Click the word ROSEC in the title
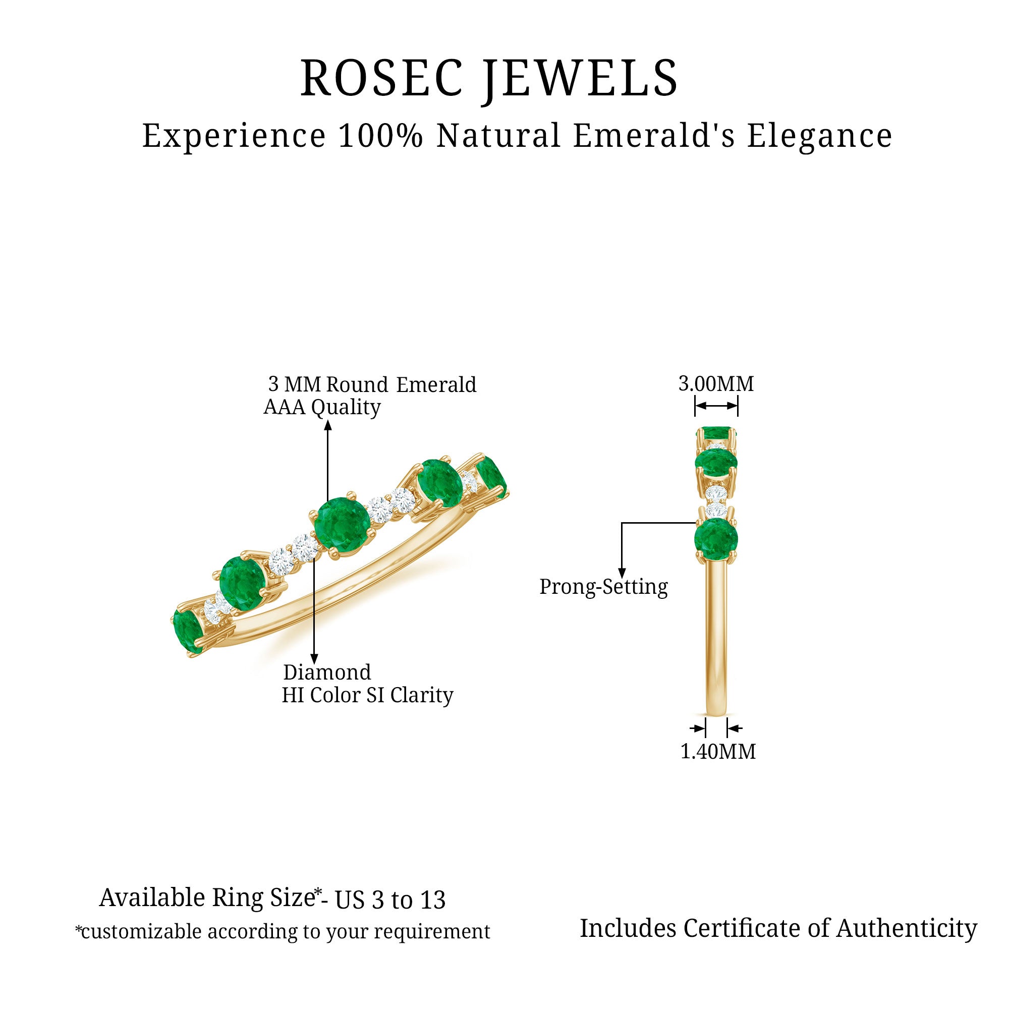382,78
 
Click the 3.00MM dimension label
716,384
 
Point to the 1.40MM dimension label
718,752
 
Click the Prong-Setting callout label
604,587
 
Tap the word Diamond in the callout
327,672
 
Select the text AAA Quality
322,407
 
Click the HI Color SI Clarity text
368,696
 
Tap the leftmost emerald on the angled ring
188,632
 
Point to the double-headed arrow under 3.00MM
716,406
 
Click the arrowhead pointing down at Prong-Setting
622,573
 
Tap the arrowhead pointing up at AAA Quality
328,425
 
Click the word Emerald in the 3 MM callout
436,385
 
